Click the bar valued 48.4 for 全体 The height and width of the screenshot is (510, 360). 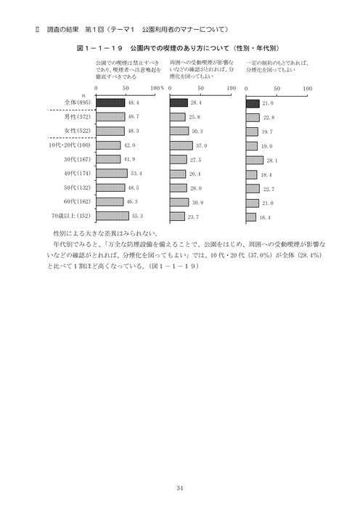click(x=110, y=103)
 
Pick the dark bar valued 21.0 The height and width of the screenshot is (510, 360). click(x=253, y=103)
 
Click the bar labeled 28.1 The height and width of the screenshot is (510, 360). click(x=255, y=160)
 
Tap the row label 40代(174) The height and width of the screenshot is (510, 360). click(x=76, y=174)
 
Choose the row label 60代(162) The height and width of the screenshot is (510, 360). click(x=76, y=201)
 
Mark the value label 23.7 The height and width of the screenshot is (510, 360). click(x=193, y=216)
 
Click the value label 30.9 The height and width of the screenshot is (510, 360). click(x=197, y=202)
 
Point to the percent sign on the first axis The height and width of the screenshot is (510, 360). click(x=163, y=89)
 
